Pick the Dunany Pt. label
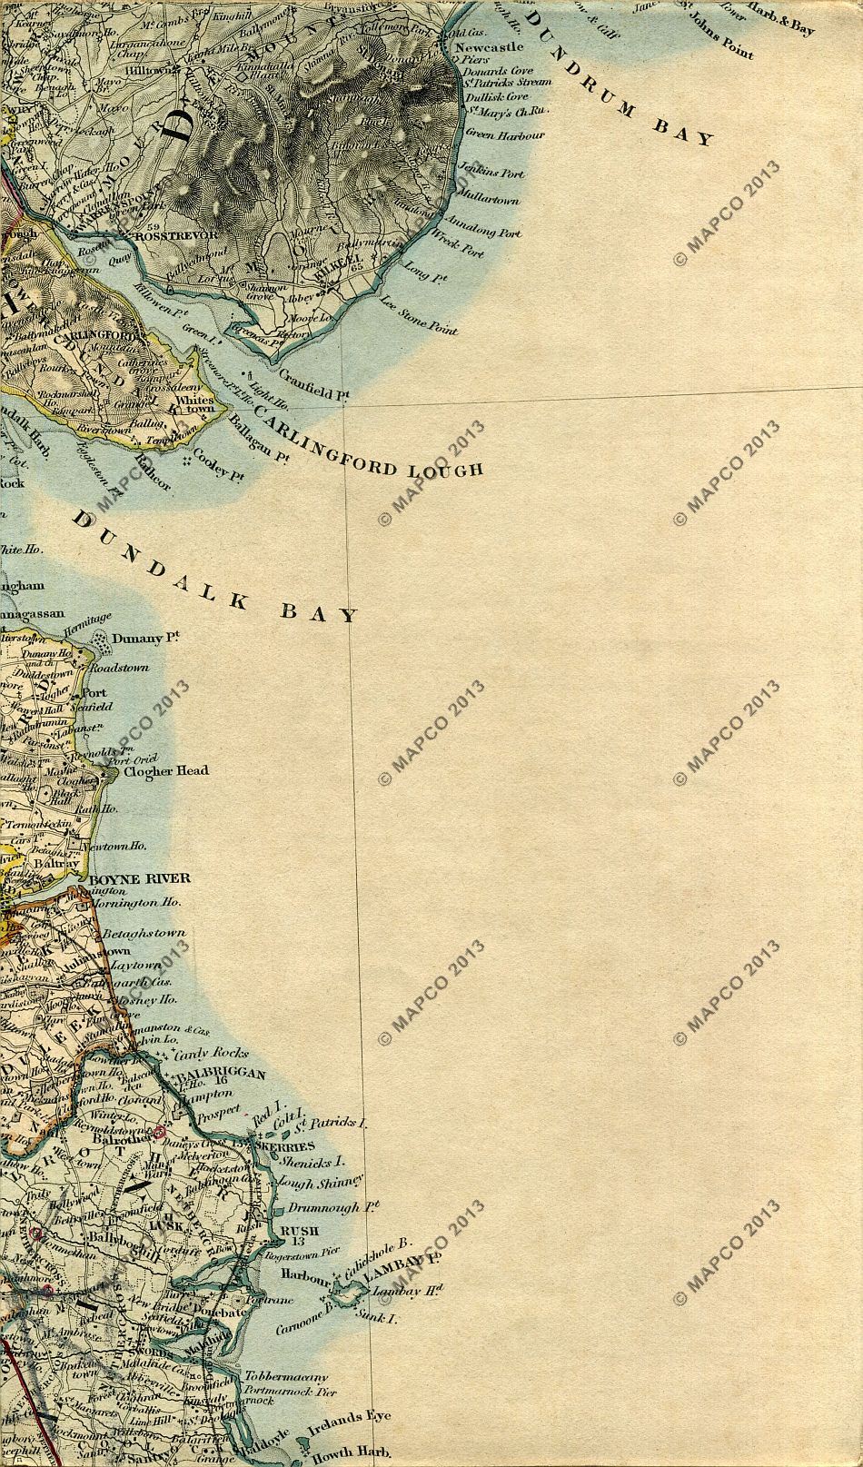click(141, 639)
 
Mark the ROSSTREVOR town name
click(176, 234)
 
